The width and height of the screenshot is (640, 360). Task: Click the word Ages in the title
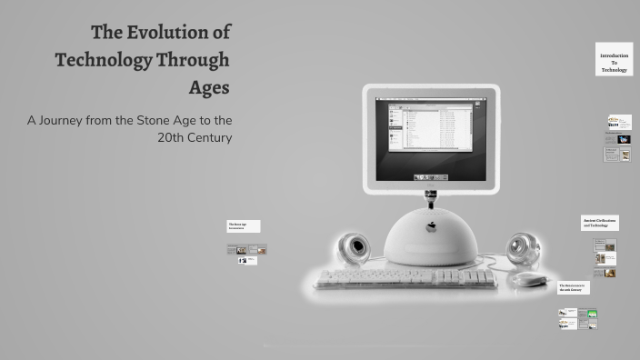208,88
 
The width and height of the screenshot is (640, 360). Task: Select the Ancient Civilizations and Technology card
599,223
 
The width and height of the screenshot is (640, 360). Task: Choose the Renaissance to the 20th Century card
574,287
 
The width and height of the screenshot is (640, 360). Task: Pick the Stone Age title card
243,225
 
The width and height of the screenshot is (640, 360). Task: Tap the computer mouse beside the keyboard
528,279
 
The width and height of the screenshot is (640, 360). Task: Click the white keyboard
405,279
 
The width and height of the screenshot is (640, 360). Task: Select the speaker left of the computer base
354,248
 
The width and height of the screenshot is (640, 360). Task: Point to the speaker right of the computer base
522,248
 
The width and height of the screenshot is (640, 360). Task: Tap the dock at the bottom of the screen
431,175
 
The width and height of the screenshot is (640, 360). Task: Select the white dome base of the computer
432,238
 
